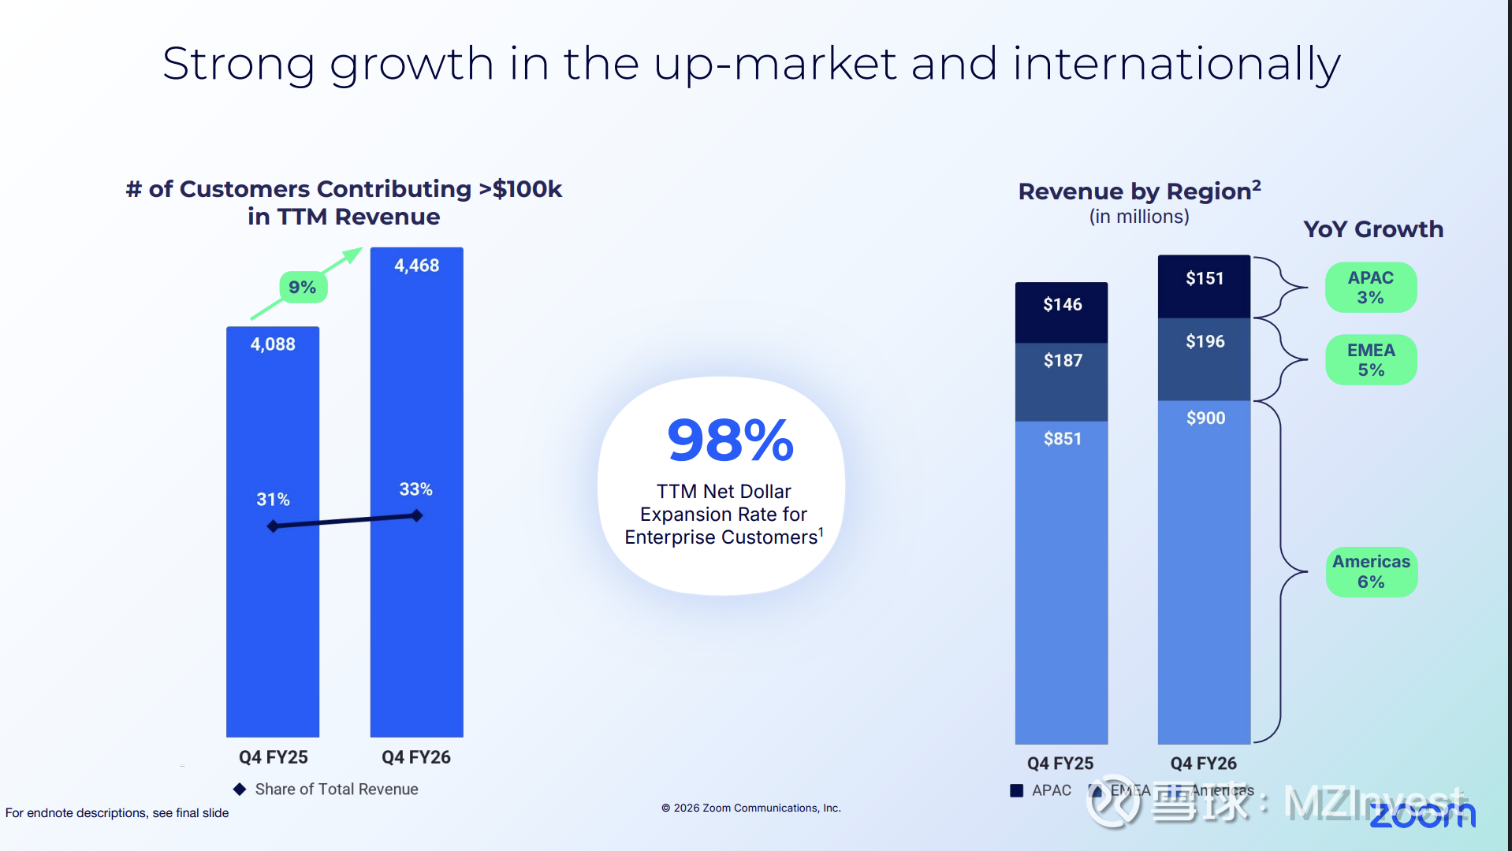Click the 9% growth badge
(303, 287)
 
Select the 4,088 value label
(273, 344)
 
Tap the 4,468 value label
(416, 266)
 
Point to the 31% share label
(273, 500)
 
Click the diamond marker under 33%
(416, 515)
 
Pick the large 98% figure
(730, 440)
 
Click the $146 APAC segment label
(1062, 304)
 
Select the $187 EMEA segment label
(1063, 360)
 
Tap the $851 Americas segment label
(1062, 439)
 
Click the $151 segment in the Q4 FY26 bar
(1205, 278)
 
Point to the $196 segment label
(1205, 341)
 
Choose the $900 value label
(1205, 418)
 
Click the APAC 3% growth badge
(1370, 288)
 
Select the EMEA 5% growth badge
(1370, 360)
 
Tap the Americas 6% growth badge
(1371, 571)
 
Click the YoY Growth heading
(1372, 229)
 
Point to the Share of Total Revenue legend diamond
(240, 789)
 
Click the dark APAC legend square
(1017, 790)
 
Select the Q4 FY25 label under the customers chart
(273, 757)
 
